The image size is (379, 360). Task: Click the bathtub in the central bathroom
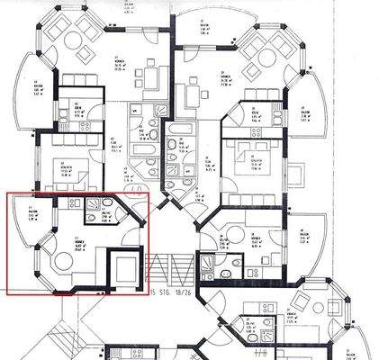176,145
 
